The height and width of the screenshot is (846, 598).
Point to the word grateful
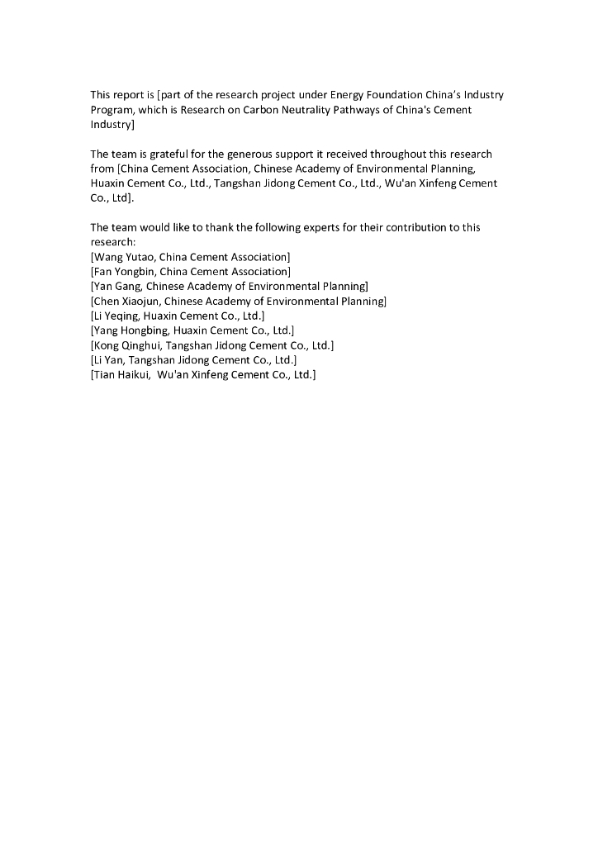(167, 154)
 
